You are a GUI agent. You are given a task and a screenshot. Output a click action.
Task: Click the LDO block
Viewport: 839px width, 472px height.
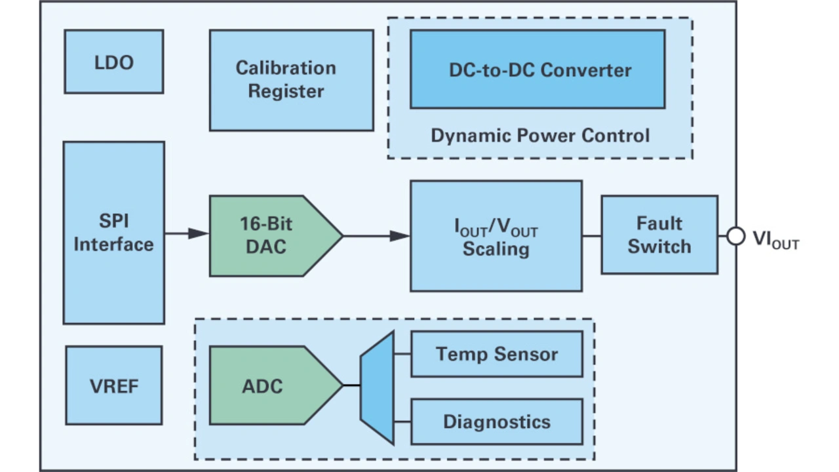113,62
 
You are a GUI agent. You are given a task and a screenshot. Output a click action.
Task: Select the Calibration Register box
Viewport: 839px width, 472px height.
291,80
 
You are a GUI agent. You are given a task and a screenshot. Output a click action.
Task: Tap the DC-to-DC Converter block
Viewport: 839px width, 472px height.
537,69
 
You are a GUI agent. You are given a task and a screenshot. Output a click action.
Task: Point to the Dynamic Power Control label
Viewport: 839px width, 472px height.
540,136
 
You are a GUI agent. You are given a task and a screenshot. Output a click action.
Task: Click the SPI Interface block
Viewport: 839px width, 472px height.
113,233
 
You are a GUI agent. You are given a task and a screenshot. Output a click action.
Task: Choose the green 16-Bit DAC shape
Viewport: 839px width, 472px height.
269,235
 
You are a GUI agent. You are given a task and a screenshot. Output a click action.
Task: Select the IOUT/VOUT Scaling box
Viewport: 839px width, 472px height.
496,236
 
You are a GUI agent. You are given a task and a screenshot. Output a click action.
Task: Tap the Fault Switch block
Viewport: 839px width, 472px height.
659,235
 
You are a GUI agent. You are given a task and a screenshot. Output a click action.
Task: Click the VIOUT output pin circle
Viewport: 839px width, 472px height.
736,237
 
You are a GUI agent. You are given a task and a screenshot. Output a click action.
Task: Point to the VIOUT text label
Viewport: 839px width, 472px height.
775,239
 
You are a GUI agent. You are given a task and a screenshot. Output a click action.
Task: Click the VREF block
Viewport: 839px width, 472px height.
113,385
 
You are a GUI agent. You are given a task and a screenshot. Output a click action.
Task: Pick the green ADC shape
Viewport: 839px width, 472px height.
269,385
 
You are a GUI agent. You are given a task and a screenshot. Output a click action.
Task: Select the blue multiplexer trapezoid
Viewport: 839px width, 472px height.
378,387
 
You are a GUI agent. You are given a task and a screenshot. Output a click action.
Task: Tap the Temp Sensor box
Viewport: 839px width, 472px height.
496,354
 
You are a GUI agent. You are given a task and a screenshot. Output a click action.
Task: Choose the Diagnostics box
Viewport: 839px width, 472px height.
496,422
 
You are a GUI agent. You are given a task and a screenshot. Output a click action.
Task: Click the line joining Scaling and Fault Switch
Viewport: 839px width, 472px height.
591,236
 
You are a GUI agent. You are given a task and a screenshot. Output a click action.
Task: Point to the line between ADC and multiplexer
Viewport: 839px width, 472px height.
351,385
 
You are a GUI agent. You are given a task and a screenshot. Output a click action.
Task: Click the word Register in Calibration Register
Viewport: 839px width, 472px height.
286,91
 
